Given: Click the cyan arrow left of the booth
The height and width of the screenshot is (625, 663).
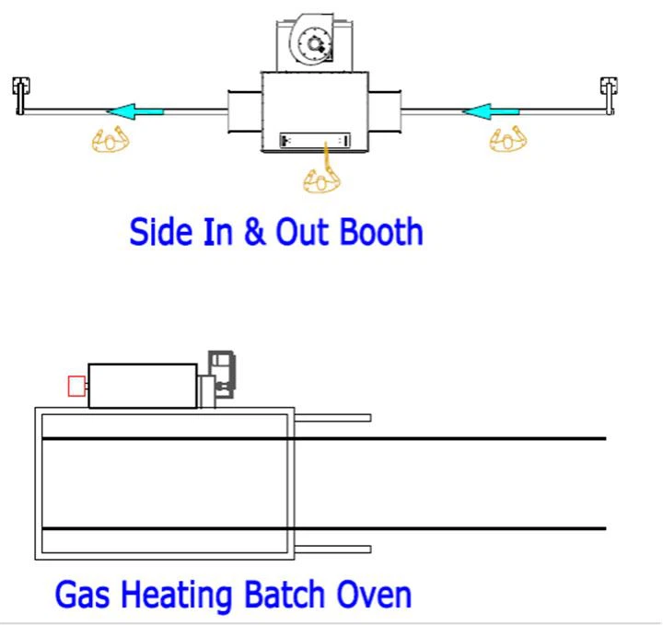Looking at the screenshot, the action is coord(134,111).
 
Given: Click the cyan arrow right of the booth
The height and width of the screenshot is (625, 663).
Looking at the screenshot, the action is coord(491,111).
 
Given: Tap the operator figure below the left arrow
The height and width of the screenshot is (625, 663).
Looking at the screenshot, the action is coord(110,139).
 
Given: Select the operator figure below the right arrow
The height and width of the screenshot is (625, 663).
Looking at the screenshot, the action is coord(507,139).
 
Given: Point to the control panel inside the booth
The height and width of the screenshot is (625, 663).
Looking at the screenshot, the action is coord(315,140).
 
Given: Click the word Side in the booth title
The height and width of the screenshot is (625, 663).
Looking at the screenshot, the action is coord(160,232).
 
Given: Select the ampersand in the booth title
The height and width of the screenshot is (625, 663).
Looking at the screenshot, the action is coord(254,232).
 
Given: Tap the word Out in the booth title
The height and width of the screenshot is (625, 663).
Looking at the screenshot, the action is coord(303,232).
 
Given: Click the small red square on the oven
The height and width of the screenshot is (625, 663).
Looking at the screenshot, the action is coord(76,387).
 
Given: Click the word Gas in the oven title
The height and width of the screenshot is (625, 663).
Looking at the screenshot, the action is coord(83,594).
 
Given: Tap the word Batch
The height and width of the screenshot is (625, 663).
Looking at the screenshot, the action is coord(285,594).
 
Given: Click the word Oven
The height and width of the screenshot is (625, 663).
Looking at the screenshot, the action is coord(374,595).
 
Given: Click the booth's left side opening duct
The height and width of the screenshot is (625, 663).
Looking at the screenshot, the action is coord(245,111).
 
